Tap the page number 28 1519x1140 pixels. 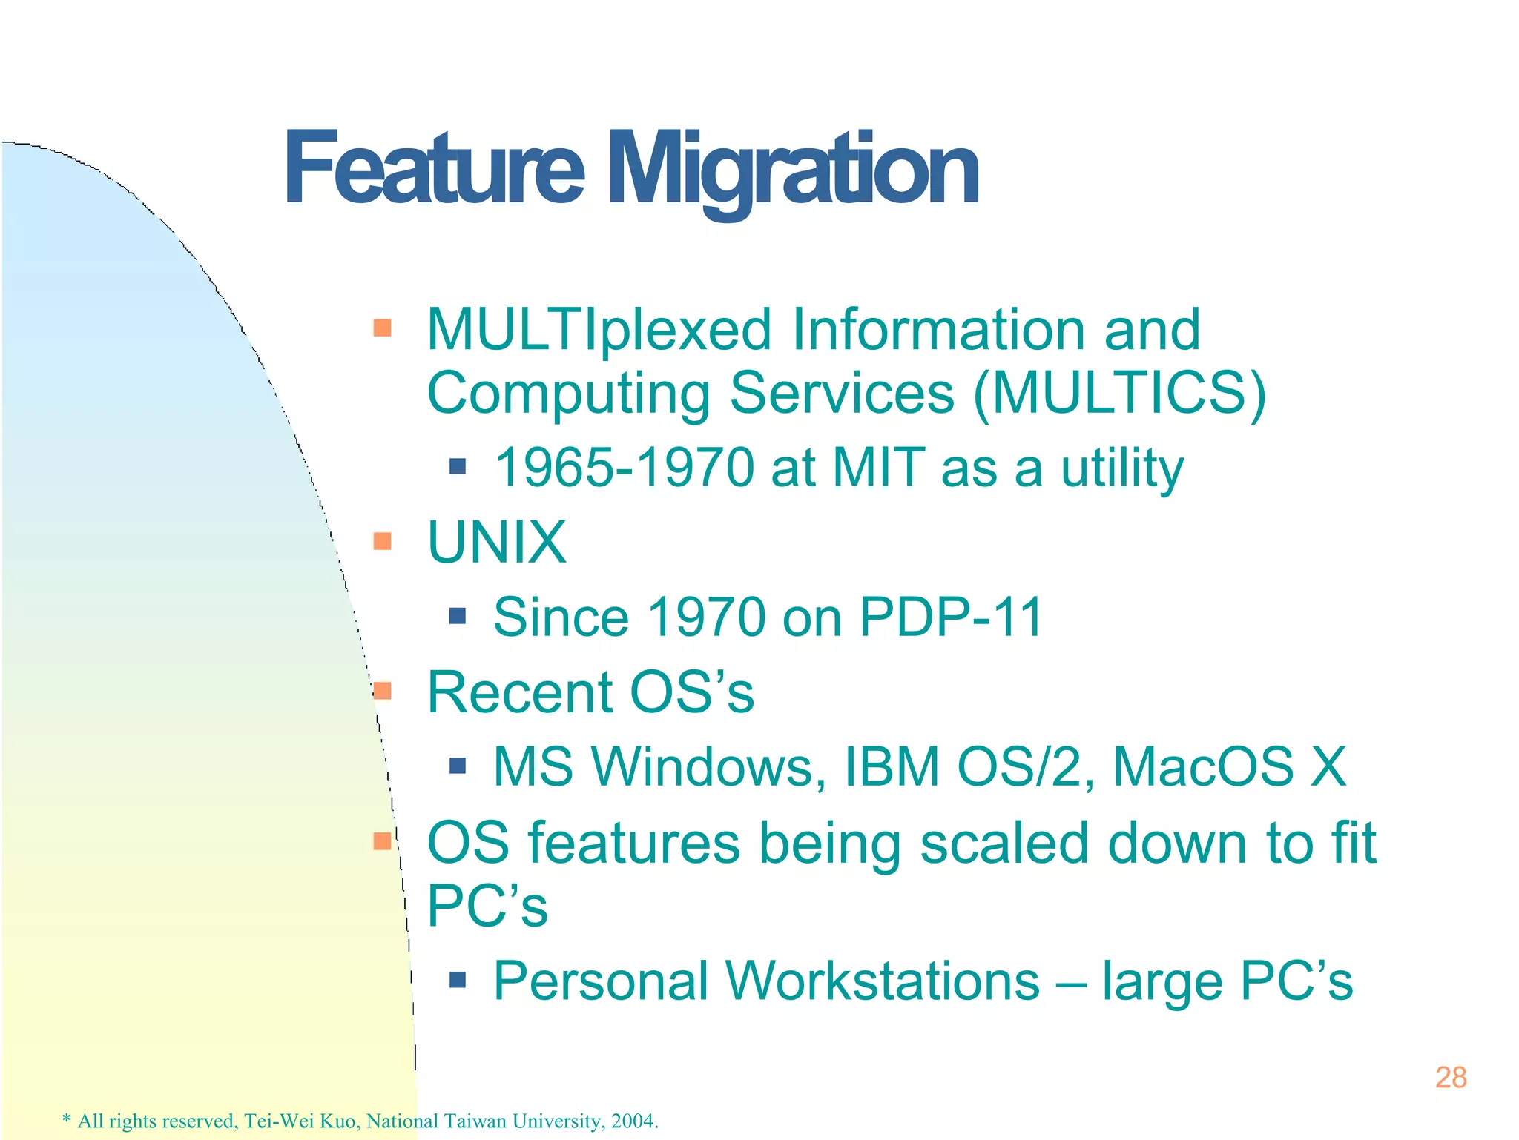[x=1451, y=1077]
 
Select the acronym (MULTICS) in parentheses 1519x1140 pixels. [x=1120, y=393]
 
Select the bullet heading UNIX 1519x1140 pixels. [x=497, y=543]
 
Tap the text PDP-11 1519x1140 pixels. [x=951, y=617]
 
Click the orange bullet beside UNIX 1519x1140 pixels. [x=382, y=541]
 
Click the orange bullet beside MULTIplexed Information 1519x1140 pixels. [x=382, y=328]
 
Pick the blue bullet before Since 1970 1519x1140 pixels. [x=458, y=615]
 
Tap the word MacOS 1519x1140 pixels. [x=1203, y=766]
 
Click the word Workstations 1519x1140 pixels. [x=883, y=981]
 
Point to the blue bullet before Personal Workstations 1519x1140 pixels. [x=458, y=981]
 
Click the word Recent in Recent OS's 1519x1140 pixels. [x=519, y=692]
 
